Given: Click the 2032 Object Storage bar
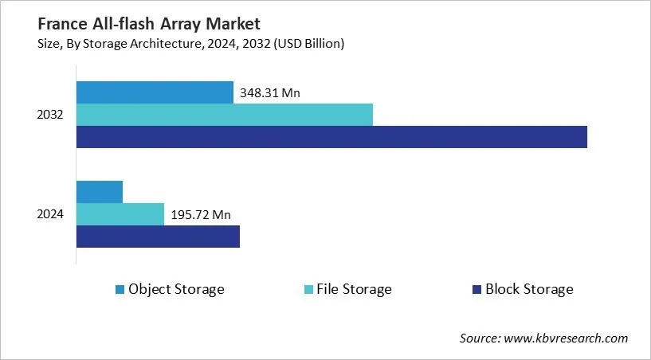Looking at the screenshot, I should point(155,92).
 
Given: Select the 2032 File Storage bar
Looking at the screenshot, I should point(224,115).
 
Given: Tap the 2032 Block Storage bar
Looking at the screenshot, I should point(331,137).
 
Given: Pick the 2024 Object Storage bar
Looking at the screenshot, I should point(100,192).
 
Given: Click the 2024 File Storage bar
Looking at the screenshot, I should point(120,214).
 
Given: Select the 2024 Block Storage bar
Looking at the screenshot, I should point(158,237).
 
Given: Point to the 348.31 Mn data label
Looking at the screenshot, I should point(269,93).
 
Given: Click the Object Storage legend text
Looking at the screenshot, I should point(176,289).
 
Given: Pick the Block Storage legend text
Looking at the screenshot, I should point(529,289).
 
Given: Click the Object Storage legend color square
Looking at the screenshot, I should point(120,289).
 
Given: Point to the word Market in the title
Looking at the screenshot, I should point(233,24).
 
